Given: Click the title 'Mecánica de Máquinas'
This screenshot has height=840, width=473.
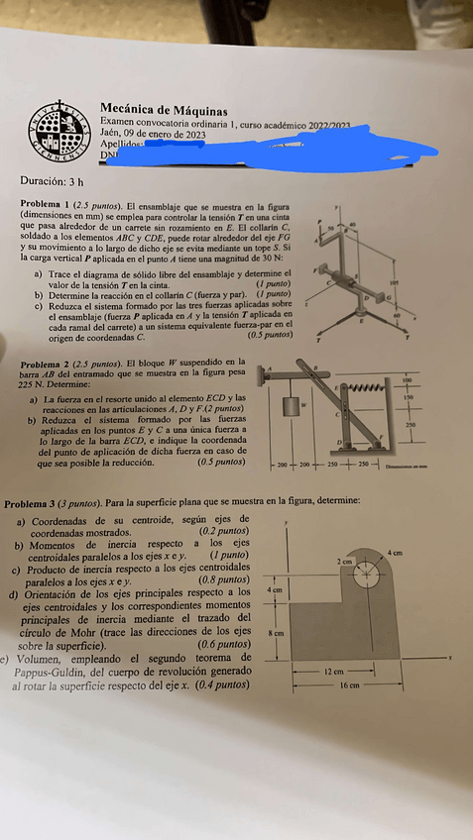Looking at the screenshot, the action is (164, 111).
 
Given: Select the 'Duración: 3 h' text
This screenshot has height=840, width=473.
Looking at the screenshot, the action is (52, 181).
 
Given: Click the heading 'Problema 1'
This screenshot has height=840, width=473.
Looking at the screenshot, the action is (47, 202).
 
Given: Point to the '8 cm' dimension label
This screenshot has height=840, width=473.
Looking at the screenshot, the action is (279, 631).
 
